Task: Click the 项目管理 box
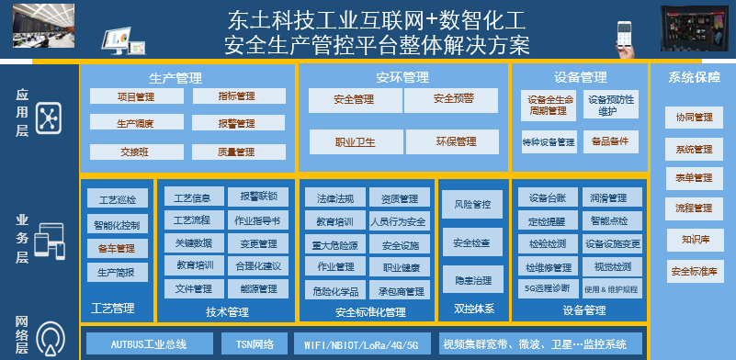[x=136, y=96]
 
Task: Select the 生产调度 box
[x=136, y=123]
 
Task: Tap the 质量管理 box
[x=237, y=152]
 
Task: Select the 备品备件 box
[x=610, y=141]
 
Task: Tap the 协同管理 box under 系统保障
[x=694, y=118]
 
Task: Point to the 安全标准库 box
[x=694, y=271]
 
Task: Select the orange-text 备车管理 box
[x=117, y=248]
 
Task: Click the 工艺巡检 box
[x=117, y=198]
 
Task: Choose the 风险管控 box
[x=472, y=204]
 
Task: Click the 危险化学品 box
[x=335, y=290]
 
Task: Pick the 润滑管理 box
[x=610, y=197]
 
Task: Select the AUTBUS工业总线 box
[x=149, y=344]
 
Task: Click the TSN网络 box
[x=255, y=344]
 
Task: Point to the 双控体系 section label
[x=473, y=309]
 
